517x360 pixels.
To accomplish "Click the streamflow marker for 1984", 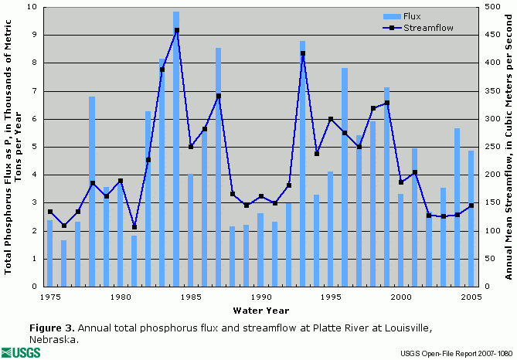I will (177, 30).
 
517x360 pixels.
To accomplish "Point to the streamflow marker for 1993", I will (303, 53).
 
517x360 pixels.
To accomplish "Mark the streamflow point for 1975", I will (50, 212).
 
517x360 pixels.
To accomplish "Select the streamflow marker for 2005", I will (471, 205).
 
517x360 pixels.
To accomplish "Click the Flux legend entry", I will (414, 15).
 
